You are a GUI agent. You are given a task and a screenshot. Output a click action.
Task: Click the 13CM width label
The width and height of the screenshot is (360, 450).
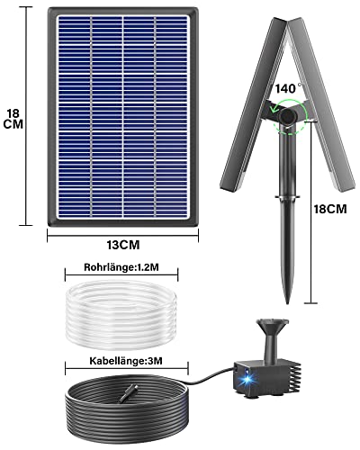tap(123, 245)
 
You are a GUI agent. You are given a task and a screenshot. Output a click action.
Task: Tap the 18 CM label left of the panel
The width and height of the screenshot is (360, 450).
tap(13, 119)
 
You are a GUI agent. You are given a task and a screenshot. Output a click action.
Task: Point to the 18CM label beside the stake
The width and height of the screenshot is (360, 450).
tap(330, 209)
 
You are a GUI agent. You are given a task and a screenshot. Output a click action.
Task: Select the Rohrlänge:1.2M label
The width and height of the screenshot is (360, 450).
tap(121, 267)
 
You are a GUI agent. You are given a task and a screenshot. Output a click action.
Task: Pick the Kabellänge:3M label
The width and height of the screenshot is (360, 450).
tap(126, 361)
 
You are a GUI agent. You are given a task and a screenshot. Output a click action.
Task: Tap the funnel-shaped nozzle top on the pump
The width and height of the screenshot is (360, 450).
tap(273, 325)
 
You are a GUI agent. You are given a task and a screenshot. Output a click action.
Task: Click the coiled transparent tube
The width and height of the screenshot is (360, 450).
tap(121, 315)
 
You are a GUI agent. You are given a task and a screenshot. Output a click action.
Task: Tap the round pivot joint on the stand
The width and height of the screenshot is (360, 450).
tap(288, 118)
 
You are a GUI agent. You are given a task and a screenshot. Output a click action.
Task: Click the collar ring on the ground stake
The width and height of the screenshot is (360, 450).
tap(288, 197)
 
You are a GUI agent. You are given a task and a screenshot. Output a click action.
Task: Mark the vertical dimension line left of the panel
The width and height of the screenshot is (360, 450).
tap(26, 116)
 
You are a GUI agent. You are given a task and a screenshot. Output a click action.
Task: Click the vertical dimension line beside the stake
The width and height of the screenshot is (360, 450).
tap(310, 211)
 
